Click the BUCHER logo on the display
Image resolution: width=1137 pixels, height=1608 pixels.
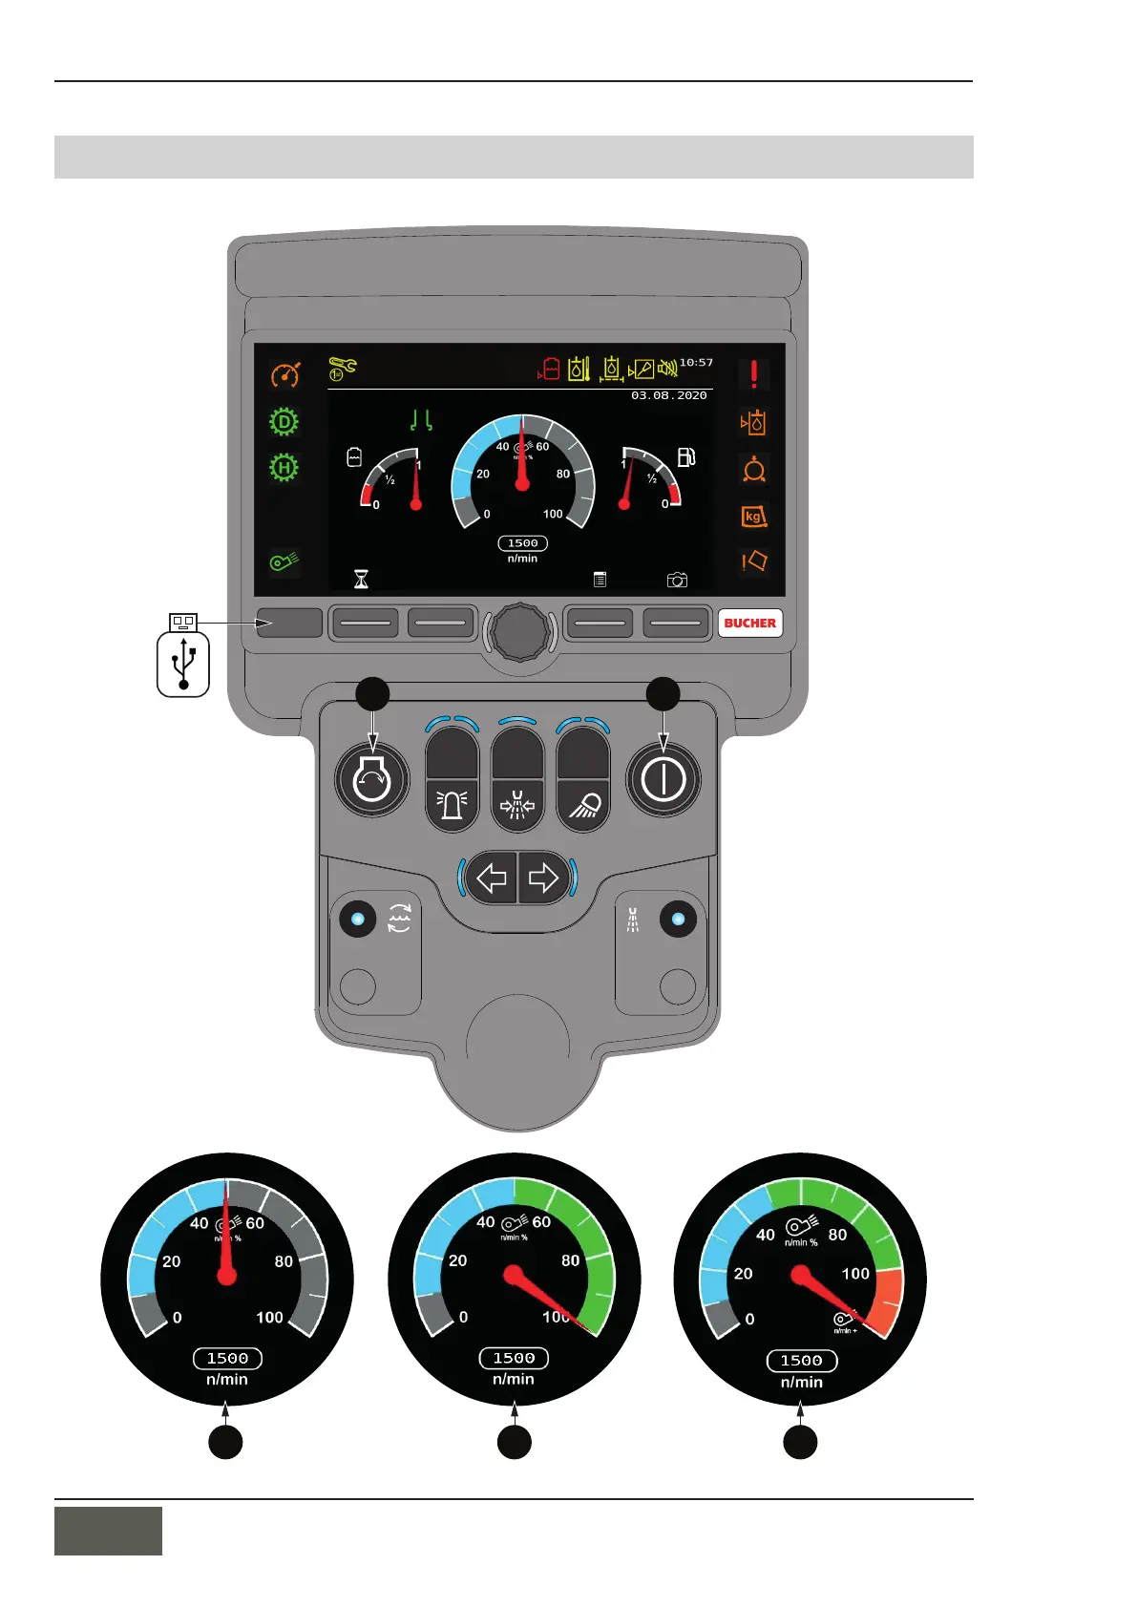(749, 623)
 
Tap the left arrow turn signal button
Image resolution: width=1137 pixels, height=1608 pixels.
(492, 878)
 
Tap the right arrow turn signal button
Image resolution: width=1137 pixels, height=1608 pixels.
(543, 878)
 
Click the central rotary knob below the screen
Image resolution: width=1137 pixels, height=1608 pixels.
(519, 631)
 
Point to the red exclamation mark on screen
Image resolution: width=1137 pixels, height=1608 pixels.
(753, 374)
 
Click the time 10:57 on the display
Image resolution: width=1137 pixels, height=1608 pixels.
(696, 363)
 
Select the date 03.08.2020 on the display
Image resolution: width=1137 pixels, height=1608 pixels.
(668, 395)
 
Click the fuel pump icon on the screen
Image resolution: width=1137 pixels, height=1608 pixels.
(685, 457)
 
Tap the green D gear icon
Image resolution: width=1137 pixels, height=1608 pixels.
(284, 421)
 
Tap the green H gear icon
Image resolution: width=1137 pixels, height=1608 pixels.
(284, 468)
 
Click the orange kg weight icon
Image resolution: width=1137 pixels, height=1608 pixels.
(753, 517)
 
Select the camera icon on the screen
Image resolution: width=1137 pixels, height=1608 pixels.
(677, 580)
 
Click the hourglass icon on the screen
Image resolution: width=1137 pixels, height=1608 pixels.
(361, 579)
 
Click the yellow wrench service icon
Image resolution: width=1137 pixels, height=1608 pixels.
(342, 369)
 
